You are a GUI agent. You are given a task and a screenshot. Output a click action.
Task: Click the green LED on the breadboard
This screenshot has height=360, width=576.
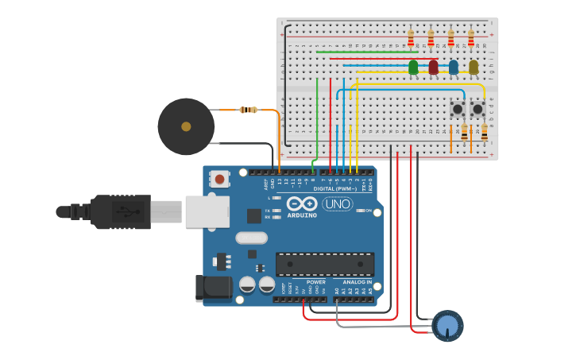413,68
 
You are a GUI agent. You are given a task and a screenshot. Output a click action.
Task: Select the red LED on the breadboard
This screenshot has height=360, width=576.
433,68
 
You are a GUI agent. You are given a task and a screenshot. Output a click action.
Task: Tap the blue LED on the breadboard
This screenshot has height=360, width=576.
453,68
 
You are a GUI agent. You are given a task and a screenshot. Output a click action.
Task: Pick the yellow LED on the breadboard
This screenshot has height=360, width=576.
474,68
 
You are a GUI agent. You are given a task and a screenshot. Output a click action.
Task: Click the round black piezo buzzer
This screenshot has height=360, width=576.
186,126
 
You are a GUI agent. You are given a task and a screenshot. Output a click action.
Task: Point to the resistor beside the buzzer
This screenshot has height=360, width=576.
249,110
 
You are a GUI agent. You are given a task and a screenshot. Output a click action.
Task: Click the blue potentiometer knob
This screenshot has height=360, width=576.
447,326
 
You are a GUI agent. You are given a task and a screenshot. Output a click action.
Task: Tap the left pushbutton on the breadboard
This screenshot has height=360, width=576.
458,109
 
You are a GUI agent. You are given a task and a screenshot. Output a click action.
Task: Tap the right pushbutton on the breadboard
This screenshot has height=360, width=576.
477,109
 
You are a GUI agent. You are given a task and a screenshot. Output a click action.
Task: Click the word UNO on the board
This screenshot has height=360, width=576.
337,203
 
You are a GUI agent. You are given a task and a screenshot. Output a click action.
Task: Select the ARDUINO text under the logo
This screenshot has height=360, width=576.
302,215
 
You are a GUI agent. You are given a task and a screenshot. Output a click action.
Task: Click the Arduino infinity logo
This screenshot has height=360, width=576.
303,203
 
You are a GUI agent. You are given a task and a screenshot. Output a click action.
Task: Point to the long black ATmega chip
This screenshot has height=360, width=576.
324,264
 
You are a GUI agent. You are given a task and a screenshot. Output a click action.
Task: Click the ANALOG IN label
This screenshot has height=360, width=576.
357,282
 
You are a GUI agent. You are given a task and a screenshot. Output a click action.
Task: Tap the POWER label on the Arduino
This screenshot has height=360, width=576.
315,282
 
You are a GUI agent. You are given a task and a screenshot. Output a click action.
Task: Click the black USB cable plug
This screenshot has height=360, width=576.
119,211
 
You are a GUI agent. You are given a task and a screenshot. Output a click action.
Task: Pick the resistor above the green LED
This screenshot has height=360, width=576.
411,38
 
